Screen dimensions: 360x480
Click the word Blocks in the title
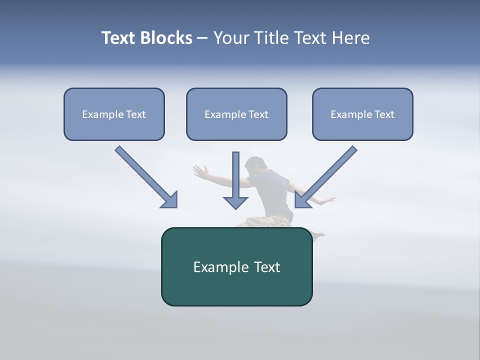point(167,38)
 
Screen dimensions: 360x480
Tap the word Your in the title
point(231,38)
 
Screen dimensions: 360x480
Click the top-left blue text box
point(114,114)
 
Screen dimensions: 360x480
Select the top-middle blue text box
point(236,114)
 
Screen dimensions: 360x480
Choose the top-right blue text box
point(362,114)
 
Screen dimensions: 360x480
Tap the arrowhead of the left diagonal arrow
point(169,199)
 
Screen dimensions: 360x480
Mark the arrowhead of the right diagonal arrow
point(302,199)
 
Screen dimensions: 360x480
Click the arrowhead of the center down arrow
point(235,202)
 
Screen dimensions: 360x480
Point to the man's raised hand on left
point(200,171)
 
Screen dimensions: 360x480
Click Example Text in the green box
point(236,267)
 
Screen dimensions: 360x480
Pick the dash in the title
point(202,38)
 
